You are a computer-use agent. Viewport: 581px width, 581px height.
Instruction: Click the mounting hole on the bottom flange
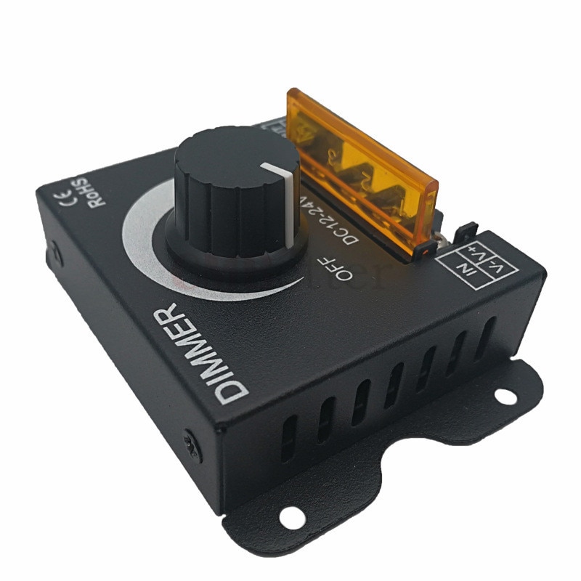tap(288, 517)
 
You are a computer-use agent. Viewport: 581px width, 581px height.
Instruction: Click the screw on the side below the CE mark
tap(52, 256)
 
